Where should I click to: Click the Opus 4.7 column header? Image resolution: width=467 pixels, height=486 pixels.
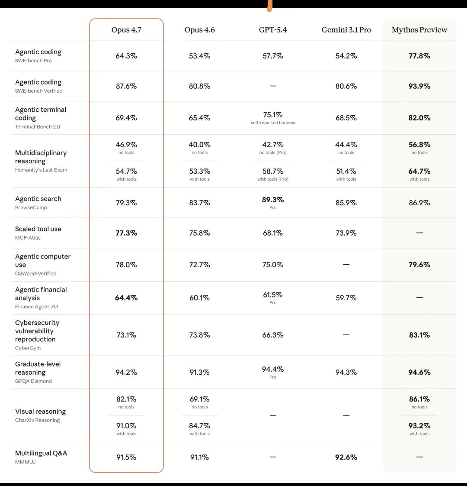(x=126, y=30)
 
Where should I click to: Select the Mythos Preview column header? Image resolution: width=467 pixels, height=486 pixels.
(x=419, y=30)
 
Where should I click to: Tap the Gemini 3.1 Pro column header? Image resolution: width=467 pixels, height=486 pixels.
(x=346, y=30)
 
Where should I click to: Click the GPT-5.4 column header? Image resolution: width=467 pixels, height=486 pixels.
(x=273, y=30)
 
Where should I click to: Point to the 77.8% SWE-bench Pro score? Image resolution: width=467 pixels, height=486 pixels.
(x=419, y=56)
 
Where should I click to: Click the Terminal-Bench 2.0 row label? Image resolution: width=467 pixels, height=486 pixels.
(x=38, y=127)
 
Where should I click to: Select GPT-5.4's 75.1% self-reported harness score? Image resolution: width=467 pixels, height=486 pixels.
(x=273, y=115)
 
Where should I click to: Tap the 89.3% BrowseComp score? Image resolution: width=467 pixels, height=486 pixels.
(x=273, y=200)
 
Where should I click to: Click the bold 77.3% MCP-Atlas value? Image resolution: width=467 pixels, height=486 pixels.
(x=126, y=233)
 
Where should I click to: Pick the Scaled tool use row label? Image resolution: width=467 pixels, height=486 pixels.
(x=38, y=229)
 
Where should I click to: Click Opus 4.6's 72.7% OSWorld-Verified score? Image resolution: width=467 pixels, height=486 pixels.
(x=199, y=265)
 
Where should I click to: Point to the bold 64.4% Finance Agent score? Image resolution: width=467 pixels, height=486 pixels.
(x=126, y=298)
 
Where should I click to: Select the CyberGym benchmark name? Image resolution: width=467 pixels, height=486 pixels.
(x=28, y=348)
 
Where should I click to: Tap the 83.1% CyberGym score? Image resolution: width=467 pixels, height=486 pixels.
(x=419, y=335)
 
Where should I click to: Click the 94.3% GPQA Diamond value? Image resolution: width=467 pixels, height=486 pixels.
(x=346, y=373)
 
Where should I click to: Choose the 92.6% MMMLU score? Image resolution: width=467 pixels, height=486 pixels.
(x=346, y=457)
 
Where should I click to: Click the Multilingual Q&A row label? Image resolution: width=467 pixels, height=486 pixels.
(x=41, y=453)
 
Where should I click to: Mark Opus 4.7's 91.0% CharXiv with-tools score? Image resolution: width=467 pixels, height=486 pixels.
(x=126, y=426)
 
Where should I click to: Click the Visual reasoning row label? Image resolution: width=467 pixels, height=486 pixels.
(x=40, y=411)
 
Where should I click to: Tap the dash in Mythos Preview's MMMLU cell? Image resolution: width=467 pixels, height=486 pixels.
(x=419, y=457)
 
